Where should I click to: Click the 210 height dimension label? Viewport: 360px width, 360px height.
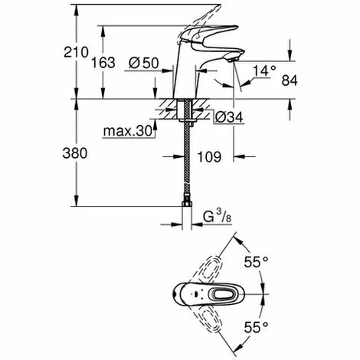[76, 52]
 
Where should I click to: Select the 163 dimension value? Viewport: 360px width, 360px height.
[103, 63]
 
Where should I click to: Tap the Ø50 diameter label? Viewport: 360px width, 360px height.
[144, 63]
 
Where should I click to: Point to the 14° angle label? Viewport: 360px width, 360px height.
[264, 70]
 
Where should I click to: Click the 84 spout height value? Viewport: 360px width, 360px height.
[290, 80]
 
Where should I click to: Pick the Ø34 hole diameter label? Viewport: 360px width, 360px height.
[229, 117]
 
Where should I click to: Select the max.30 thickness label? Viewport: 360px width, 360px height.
[128, 131]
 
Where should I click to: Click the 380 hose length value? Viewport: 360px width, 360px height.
[75, 153]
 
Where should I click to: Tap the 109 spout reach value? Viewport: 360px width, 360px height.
[209, 156]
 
